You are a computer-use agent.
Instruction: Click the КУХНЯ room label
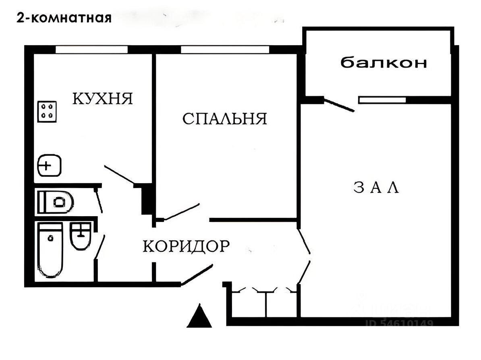point(103,98)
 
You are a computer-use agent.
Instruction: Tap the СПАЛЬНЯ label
point(225,119)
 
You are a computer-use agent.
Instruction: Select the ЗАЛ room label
point(376,188)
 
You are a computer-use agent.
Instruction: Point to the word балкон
point(384,63)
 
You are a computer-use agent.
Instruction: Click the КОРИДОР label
point(186,246)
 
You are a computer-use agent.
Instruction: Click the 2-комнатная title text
point(63,18)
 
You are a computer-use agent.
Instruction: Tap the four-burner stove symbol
point(48,111)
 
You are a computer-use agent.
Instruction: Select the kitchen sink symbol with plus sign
point(49,166)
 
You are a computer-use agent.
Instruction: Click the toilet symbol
point(56,201)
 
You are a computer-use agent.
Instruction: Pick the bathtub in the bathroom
point(50,250)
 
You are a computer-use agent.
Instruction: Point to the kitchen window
point(91,50)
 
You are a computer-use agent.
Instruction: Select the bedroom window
point(225,50)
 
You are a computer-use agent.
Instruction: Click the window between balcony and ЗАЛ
point(382,99)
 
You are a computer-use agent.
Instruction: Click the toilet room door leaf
point(98,200)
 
